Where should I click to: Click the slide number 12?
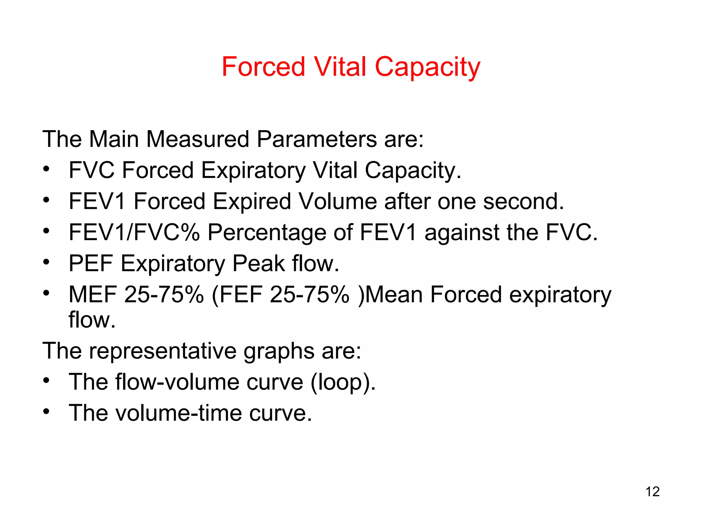[652, 492]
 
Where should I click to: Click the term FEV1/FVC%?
[134, 233]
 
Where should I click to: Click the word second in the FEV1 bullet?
[523, 201]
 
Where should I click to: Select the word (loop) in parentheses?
[343, 382]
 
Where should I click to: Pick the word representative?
[162, 351]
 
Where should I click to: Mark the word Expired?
[252, 202]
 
